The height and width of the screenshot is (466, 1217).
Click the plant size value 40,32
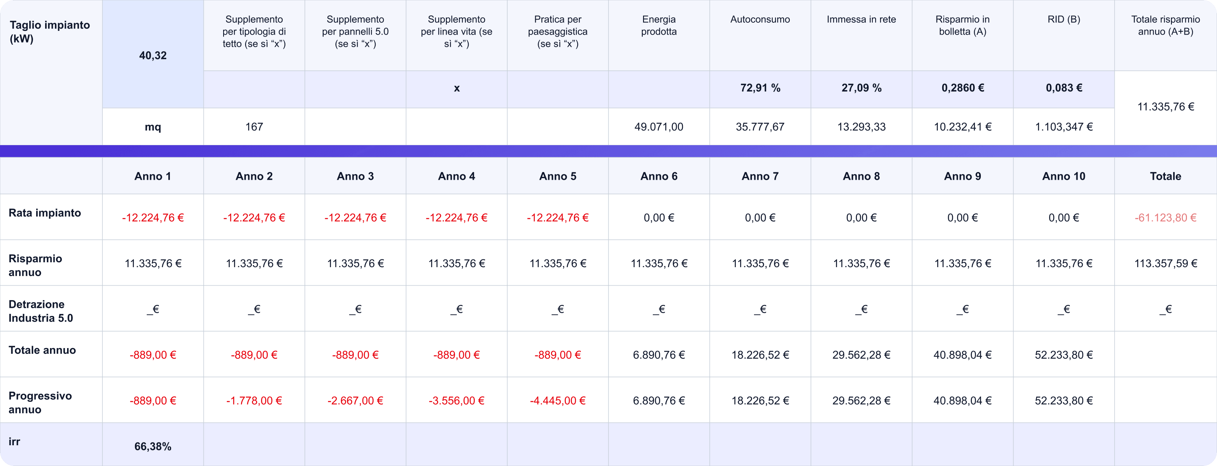[x=152, y=56]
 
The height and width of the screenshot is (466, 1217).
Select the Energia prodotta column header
[x=658, y=26]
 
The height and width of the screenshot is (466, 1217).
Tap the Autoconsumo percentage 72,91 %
[x=760, y=88]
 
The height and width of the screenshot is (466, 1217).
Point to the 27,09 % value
[x=861, y=88]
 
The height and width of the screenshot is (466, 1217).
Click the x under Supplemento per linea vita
[x=456, y=88]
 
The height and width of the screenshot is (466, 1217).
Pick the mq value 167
[x=254, y=126]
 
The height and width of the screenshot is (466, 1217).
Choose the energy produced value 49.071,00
[x=658, y=126]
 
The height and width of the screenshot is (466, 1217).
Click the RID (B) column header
[x=1063, y=20]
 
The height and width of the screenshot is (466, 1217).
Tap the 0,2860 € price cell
[x=963, y=88]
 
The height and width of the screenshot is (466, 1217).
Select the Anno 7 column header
[x=760, y=176]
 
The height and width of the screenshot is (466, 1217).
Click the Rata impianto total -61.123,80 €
[x=1165, y=218]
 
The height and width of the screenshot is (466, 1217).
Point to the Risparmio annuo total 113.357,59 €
[x=1165, y=264]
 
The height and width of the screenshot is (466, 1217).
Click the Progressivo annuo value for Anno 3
[x=355, y=401]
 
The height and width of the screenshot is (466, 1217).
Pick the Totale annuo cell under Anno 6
[x=658, y=355]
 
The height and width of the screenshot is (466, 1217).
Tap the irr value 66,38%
[x=152, y=446]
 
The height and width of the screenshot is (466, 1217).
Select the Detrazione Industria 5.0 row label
[x=41, y=311]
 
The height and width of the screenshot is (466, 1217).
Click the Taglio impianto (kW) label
[x=50, y=32]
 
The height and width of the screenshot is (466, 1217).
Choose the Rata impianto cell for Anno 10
[x=1063, y=218]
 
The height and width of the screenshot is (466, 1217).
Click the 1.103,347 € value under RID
[x=1063, y=126]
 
